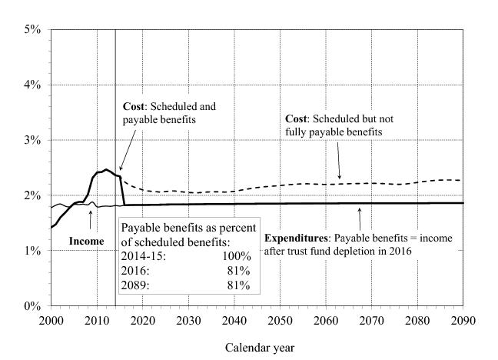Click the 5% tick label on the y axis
tap(35, 29)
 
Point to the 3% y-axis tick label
tap(35, 140)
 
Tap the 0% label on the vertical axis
tap(35, 306)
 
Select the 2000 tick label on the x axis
tap(51, 319)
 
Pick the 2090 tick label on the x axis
tap(463, 319)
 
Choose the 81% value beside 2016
tap(241, 270)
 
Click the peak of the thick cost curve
tap(106, 169)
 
